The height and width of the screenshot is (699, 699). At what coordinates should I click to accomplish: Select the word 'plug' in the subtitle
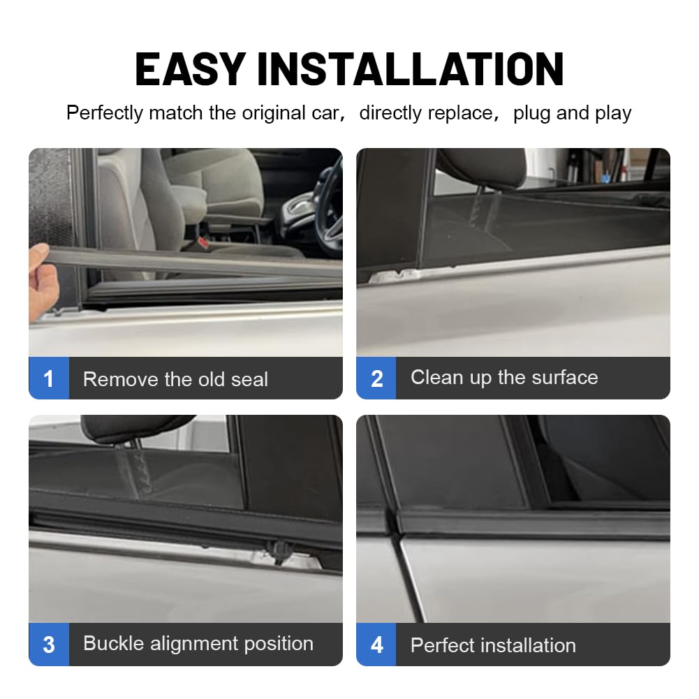[532, 114]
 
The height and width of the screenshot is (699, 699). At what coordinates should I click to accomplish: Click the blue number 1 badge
[49, 378]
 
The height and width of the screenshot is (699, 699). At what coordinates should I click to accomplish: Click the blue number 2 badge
[376, 378]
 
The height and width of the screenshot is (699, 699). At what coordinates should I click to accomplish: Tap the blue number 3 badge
[49, 645]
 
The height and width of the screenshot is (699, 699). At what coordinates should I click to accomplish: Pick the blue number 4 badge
[376, 645]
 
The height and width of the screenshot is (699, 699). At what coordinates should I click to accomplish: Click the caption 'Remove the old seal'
[175, 379]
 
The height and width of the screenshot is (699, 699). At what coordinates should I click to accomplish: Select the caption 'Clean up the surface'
[504, 378]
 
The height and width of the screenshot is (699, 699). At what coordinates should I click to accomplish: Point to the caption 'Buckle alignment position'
[198, 644]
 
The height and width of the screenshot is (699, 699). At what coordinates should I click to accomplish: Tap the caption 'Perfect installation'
[493, 645]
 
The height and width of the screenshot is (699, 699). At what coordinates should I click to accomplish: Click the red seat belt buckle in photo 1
[203, 243]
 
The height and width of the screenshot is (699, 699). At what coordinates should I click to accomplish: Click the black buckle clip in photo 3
[279, 552]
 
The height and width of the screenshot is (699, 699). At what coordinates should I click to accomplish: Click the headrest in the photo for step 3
[134, 427]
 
